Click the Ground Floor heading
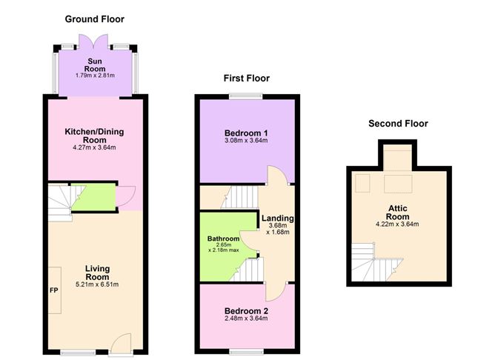pos(94,19)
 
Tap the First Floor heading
pos(247,78)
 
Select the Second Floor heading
pos(398,124)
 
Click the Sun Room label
pos(94,63)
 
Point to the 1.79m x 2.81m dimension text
pos(94,75)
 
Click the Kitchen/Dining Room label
pos(94,135)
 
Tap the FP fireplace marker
pos(55,290)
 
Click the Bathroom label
pos(223,239)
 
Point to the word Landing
pos(278,219)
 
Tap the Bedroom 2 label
pos(246,310)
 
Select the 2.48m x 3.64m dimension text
pos(246,319)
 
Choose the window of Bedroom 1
pos(246,96)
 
